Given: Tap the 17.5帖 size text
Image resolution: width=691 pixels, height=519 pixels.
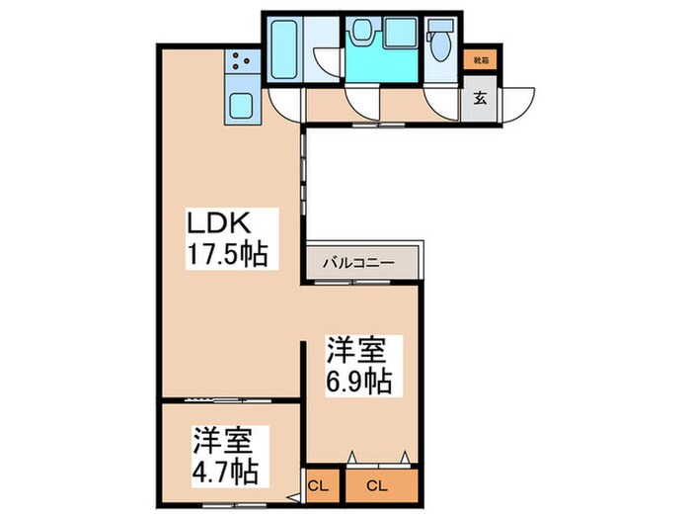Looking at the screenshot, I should (x=229, y=254).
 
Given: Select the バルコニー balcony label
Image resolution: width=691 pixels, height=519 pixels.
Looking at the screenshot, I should (x=359, y=264).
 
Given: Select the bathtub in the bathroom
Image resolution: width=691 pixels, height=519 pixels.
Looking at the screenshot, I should (x=287, y=48).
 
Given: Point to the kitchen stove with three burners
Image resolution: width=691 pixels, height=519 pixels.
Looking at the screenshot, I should (x=242, y=64).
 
